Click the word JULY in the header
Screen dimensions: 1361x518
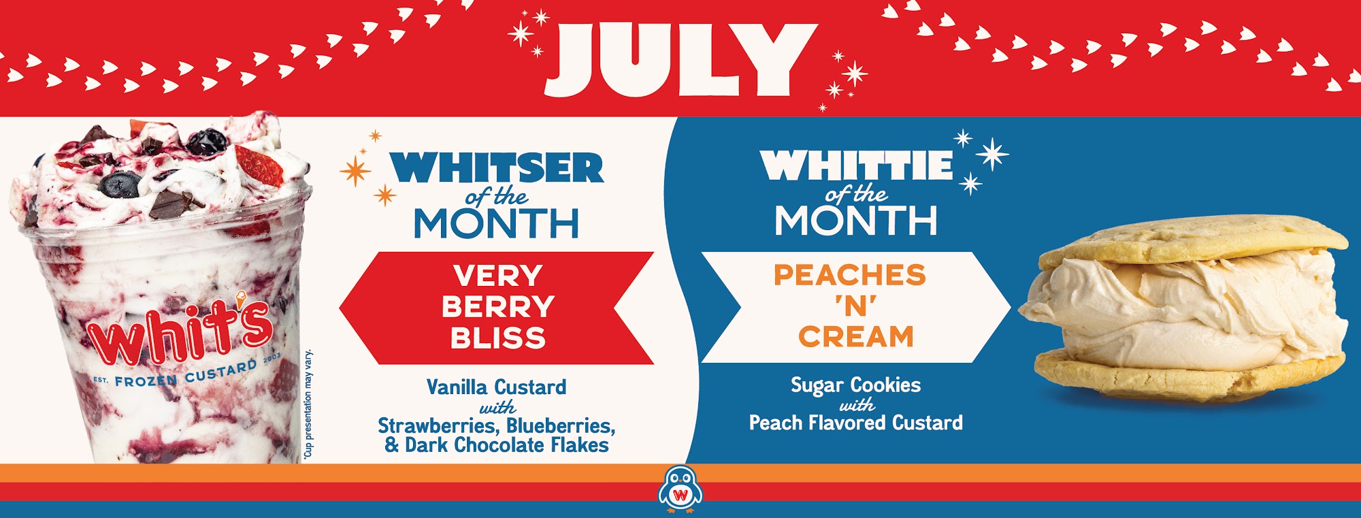click(x=680, y=60)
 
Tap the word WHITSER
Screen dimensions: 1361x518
click(x=497, y=167)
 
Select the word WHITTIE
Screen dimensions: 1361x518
click(x=856, y=165)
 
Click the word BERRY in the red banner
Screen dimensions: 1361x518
click(x=498, y=307)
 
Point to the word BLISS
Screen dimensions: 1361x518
click(x=498, y=338)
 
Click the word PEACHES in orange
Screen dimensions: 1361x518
click(x=850, y=275)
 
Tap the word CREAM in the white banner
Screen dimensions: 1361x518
click(x=856, y=337)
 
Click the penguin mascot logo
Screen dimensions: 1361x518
click(x=680, y=489)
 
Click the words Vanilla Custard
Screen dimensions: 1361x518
click(x=496, y=387)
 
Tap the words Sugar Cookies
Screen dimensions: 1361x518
click(x=855, y=385)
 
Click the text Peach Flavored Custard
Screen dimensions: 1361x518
click(x=856, y=423)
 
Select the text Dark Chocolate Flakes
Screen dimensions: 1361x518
click(x=507, y=445)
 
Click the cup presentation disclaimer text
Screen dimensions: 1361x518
click(x=308, y=404)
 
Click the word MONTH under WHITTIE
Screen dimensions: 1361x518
click(x=856, y=220)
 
